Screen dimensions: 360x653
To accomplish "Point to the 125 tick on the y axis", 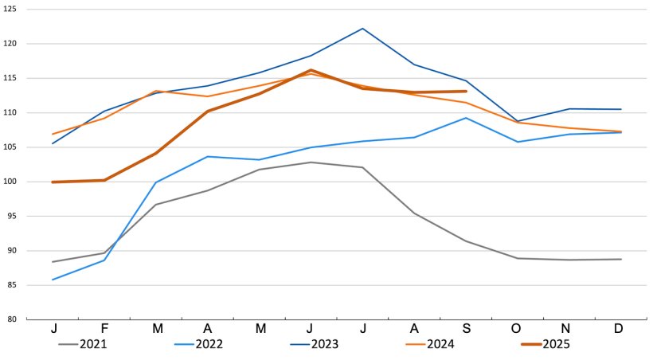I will pos(12,10).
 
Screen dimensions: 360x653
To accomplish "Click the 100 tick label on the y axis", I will pos(12,182).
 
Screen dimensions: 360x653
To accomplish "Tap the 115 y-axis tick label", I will pos(12,78).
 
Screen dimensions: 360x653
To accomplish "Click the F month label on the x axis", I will pos(104,330).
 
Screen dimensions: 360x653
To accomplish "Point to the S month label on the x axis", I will pos(466,330).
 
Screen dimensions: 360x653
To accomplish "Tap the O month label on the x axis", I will pos(518,330).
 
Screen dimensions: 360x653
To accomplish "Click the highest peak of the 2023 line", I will pos(362,29).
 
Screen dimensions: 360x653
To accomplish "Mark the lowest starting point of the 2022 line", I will pos(53,280).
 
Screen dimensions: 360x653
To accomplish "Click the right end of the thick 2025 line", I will pos(466,92).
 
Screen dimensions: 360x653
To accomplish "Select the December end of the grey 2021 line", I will pos(621,259).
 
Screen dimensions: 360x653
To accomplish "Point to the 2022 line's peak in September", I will pos(466,118).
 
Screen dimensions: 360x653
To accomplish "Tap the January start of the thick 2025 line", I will pos(53,182).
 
